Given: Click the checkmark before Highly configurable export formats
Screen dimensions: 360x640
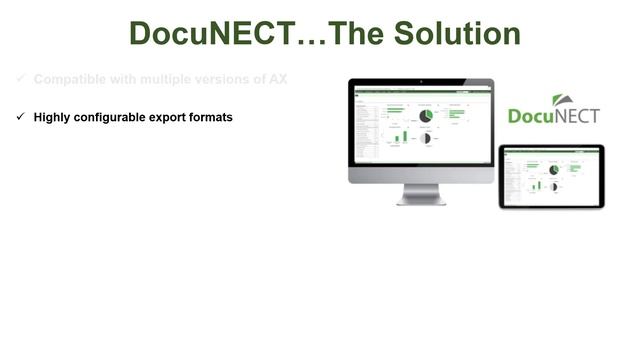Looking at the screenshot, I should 20,117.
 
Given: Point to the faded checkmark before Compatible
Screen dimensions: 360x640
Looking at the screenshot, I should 20,79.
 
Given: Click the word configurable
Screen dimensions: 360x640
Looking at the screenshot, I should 114,117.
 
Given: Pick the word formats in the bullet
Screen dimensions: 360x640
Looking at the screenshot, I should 214,117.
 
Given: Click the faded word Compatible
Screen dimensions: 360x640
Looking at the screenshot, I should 70,79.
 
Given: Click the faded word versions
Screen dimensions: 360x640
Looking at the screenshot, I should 219,79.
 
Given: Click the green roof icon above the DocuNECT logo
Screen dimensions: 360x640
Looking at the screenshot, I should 563,101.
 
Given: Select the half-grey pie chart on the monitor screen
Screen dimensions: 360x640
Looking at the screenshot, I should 426,138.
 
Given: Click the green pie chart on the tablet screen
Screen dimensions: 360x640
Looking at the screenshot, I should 553,170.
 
